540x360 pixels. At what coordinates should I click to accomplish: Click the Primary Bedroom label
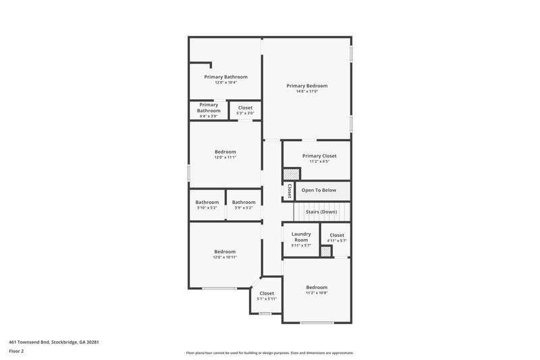point(306,86)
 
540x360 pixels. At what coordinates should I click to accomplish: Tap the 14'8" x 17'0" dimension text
point(306,92)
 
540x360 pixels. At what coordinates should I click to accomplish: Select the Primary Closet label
point(319,156)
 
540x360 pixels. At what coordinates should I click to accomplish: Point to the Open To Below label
point(319,190)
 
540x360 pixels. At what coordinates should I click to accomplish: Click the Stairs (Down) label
point(321,211)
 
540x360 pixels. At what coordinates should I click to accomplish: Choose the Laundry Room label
point(300,237)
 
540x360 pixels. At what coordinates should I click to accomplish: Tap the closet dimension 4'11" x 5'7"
point(336,241)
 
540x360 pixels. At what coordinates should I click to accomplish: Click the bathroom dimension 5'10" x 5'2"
point(207,208)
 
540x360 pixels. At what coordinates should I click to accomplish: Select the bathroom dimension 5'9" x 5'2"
point(244,208)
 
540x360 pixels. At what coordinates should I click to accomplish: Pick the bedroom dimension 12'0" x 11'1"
point(225,157)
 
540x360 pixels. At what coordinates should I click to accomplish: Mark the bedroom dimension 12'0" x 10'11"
point(225,257)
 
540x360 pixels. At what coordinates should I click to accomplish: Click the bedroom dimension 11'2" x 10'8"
point(316,293)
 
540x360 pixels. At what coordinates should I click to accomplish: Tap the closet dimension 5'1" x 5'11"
point(267,299)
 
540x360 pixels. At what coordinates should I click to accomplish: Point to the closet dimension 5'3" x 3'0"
point(245,113)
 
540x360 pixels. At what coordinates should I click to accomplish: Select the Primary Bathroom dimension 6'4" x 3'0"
point(209,116)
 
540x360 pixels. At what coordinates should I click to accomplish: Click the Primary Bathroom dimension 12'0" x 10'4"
point(225,82)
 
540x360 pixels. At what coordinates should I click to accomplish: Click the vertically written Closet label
point(290,190)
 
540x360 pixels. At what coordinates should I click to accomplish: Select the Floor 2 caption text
point(17,351)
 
